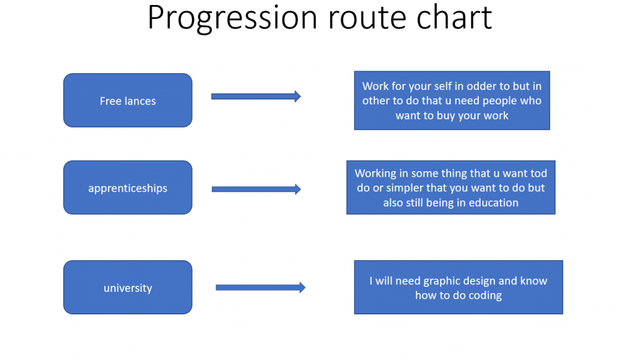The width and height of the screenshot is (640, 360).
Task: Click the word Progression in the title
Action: (x=232, y=18)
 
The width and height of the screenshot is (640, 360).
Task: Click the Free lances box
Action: (x=127, y=101)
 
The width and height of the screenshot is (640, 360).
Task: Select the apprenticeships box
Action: (x=127, y=187)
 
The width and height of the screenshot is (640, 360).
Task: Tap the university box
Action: (x=127, y=287)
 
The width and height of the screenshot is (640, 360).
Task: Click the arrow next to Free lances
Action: (x=256, y=96)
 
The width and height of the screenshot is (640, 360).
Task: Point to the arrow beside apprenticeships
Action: (x=256, y=189)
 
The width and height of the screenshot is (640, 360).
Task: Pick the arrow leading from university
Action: (x=261, y=287)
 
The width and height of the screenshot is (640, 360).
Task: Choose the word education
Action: (x=494, y=203)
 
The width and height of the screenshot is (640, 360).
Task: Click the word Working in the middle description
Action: (x=376, y=174)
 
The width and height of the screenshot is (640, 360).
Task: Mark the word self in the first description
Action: (x=442, y=86)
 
